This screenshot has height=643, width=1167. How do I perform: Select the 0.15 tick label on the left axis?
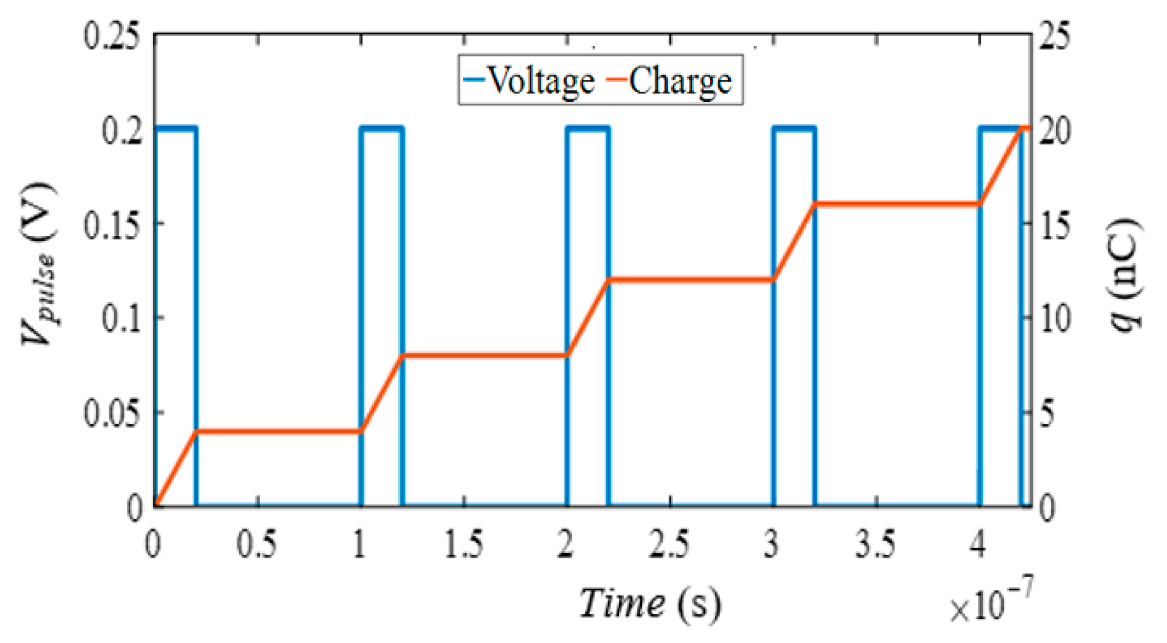(111, 225)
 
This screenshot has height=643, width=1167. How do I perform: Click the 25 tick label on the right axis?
(1054, 37)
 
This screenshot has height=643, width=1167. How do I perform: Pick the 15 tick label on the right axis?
(1054, 225)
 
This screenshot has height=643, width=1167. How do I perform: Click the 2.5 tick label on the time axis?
(670, 544)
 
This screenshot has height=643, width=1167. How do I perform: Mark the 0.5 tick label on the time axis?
(257, 544)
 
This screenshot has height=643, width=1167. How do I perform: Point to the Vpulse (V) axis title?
(39, 264)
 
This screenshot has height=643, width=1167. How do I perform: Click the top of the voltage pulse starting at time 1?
(382, 129)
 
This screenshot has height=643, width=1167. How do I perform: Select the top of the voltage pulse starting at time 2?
(588, 129)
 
